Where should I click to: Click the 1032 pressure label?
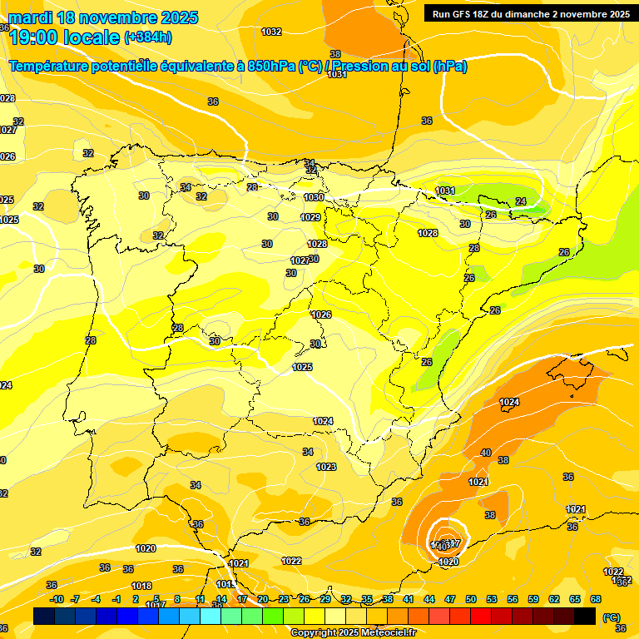271,32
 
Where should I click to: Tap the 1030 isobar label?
313,197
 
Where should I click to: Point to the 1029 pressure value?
310,217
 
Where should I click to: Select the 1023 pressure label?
326,467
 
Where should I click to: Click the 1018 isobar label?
141,586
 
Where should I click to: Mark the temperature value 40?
486,453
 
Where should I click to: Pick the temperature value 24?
521,201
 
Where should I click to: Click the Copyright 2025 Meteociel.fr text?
352,632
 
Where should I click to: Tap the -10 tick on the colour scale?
57,599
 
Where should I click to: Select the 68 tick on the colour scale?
596,599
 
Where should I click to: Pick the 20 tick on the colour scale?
263,599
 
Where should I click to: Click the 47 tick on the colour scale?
450,599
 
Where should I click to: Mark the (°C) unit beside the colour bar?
611,617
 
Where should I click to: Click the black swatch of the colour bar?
585,616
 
